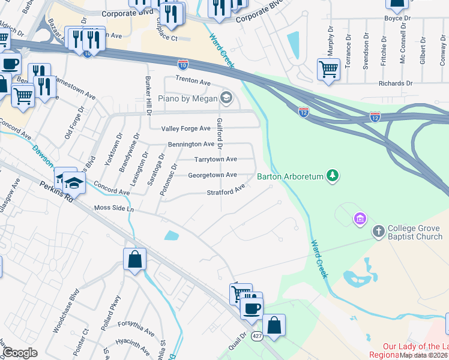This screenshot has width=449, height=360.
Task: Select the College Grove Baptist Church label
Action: [414, 232]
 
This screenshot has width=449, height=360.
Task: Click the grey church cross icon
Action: [378, 230]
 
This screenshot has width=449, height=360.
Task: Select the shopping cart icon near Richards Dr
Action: [328, 70]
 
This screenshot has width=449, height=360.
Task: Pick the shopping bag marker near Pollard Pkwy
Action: [135, 260]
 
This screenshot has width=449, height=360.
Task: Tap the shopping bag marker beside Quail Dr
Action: [274, 325]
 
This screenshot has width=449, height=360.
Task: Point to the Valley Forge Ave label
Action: [187, 128]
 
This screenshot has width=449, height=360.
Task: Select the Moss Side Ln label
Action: [114, 208]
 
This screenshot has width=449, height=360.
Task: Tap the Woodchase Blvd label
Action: [66, 313]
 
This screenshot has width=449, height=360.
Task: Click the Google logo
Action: [20, 352]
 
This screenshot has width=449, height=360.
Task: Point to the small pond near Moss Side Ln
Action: [171, 235]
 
